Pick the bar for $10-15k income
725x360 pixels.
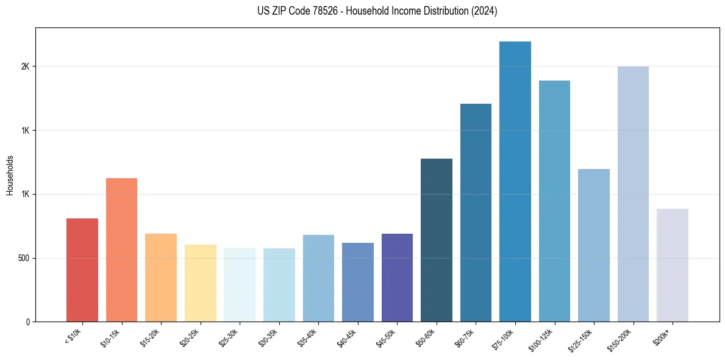click(121, 250)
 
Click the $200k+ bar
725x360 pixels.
click(673, 265)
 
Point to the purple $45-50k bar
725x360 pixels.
click(397, 278)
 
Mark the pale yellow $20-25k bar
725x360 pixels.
click(201, 283)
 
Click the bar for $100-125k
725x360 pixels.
click(554, 201)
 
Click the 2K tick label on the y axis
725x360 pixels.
click(24, 67)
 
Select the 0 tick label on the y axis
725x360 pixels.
click(26, 322)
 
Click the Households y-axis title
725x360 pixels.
click(10, 175)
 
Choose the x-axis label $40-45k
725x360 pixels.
click(348, 338)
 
